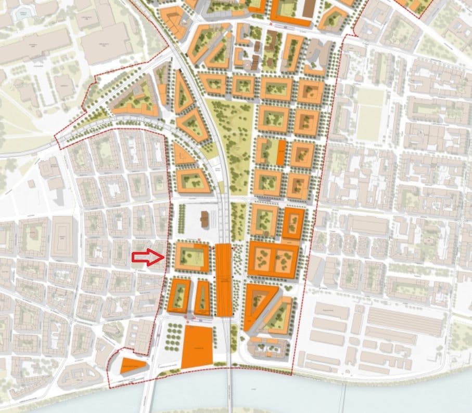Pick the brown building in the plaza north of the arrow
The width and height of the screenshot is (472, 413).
click(205, 220)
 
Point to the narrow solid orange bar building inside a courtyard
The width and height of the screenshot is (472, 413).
click(281, 153)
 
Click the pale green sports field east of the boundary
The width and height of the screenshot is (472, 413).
click(370, 114)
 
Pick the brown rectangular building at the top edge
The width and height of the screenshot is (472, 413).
click(309, 8)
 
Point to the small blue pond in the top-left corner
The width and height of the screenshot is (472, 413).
click(22, 15)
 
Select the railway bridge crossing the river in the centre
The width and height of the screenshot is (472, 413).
click(229, 390)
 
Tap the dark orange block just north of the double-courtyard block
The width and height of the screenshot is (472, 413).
click(294, 222)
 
